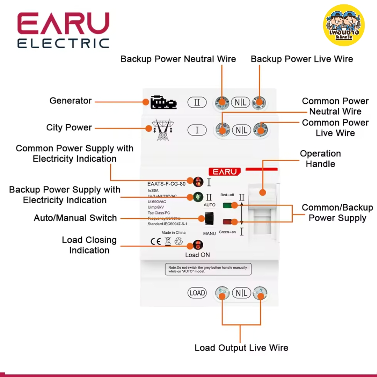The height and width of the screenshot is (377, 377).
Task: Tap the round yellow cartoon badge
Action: tap(344, 25)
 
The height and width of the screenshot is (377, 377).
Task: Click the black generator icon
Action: tap(163, 103)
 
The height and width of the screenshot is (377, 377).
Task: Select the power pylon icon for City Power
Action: tap(162, 130)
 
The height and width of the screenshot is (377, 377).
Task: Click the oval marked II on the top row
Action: tap(197, 102)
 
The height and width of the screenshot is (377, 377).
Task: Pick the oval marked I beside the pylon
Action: tap(197, 130)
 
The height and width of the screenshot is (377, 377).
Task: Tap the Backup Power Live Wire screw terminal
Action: tap(260, 102)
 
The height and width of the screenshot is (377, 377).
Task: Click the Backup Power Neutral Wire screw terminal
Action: tap(222, 102)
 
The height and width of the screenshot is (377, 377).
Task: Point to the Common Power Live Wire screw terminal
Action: tap(260, 129)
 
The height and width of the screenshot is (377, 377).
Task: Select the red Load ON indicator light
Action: tap(198, 245)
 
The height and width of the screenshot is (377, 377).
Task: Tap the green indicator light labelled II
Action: tap(198, 197)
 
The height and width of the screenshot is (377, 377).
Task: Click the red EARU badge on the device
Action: tap(225, 172)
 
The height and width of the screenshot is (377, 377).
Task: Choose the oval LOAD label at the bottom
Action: tap(197, 293)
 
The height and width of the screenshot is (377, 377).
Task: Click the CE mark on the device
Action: tap(156, 242)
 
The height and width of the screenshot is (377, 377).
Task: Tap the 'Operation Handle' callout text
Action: tap(320, 159)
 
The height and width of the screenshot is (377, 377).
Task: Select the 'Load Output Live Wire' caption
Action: tap(241, 348)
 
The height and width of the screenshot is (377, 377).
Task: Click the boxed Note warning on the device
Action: tap(208, 269)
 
